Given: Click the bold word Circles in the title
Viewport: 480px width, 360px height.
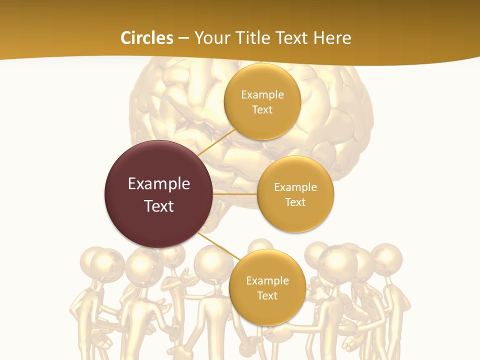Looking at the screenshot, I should click(x=146, y=38).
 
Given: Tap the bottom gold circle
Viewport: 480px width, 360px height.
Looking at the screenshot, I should click(x=267, y=310).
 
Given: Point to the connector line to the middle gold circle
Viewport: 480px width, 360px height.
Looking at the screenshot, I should click(x=235, y=194).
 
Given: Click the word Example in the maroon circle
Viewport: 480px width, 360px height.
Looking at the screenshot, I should click(x=159, y=183).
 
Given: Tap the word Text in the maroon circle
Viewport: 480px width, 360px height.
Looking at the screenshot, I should click(x=159, y=205).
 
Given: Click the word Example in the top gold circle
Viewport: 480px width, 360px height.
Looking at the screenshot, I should click(x=262, y=94).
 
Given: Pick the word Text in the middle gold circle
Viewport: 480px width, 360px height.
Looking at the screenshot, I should click(x=295, y=202).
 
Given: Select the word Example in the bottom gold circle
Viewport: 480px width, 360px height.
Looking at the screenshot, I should click(x=267, y=280).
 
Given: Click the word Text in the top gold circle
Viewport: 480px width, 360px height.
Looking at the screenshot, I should click(x=262, y=109).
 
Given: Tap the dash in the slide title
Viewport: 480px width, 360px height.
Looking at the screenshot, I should click(x=183, y=38).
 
